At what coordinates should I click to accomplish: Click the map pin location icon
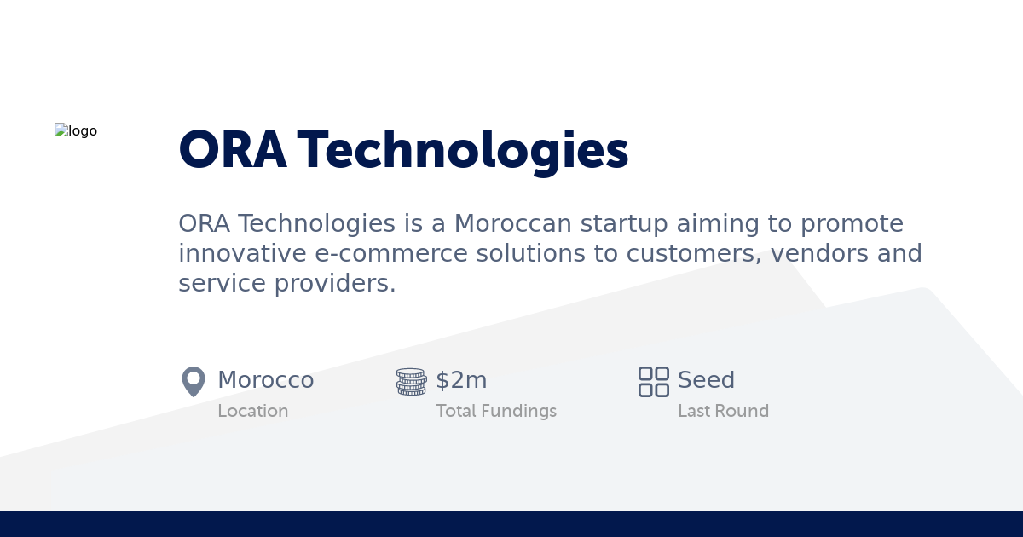194,381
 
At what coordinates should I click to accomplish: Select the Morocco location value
266,380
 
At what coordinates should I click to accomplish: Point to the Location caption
253,411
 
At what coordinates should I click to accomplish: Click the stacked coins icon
411,381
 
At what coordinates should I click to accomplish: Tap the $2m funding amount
461,380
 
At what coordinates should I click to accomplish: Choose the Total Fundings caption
496,411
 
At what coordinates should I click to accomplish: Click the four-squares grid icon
654,381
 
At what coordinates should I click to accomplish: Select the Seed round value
706,380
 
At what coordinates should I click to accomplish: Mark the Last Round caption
723,411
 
